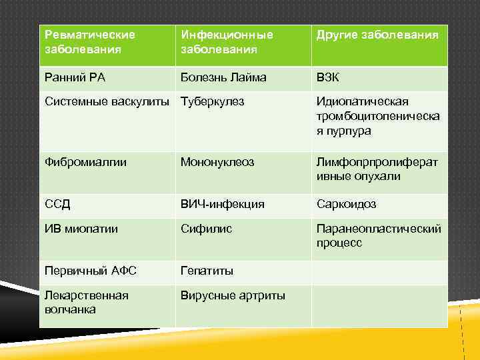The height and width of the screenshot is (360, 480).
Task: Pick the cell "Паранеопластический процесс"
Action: (x=378, y=236)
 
